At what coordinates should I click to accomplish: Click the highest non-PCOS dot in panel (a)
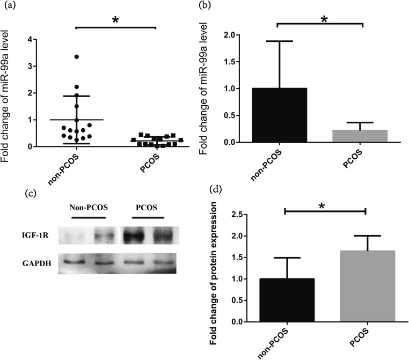coord(77,56)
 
